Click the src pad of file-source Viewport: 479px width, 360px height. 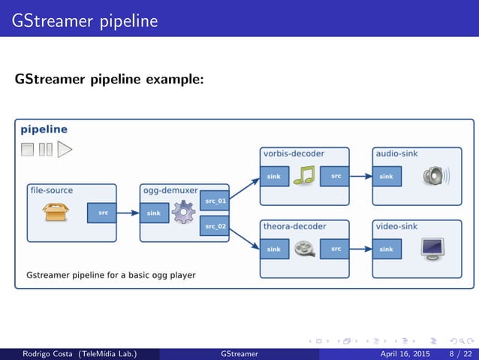click(102, 213)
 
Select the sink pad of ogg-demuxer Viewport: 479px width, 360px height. click(154, 213)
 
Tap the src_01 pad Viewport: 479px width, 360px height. click(215, 201)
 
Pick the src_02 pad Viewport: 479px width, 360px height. click(215, 225)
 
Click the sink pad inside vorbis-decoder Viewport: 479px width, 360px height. click(274, 177)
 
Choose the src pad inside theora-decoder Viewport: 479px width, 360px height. click(335, 249)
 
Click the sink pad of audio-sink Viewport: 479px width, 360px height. click(387, 177)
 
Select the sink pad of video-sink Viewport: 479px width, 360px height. click(387, 249)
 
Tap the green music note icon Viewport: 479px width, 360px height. click(304, 177)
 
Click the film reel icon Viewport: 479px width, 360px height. click(304, 249)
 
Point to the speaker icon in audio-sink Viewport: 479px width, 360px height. click(435, 177)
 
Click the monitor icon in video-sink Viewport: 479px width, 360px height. click(432, 249)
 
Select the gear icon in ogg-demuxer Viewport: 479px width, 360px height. click(182, 213)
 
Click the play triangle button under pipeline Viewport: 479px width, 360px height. click(65, 149)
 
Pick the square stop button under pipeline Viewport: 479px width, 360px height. click(28, 150)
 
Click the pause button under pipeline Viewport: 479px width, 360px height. click(45, 150)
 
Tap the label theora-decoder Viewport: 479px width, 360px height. click(294, 226)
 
